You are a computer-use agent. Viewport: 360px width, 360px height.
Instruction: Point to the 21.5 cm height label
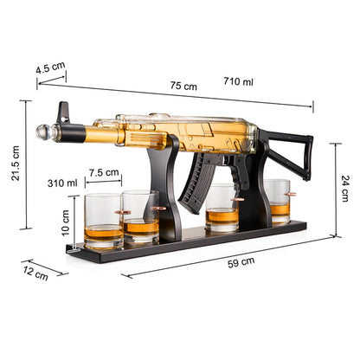(15, 164)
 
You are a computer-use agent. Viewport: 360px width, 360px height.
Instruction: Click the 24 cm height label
(345, 183)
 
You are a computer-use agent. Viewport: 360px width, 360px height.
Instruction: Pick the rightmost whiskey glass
(277, 201)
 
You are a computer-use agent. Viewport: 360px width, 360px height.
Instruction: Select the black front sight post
(61, 112)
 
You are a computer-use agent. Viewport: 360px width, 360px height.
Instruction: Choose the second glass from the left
(140, 216)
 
